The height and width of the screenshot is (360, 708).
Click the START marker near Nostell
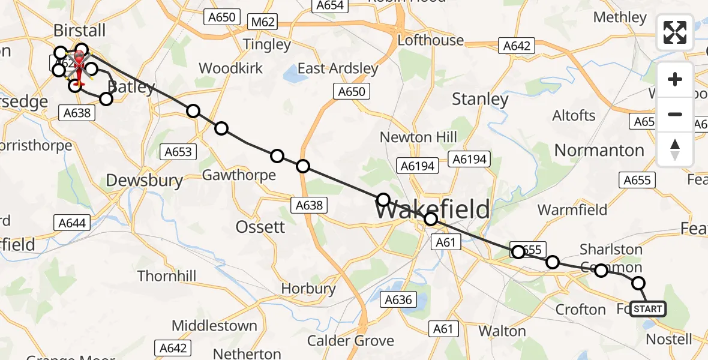648,309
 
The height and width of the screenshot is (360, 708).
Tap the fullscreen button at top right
675,32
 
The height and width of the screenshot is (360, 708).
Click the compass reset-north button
675,149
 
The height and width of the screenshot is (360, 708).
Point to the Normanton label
599,150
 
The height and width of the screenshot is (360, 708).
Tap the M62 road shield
263,22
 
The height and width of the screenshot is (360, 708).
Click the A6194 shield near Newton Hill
418,166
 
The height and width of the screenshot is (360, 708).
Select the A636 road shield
399,299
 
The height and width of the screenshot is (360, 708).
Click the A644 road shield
72,223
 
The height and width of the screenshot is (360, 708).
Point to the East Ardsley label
338,68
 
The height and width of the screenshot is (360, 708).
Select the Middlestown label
214,326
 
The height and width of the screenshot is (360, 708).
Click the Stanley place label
480,99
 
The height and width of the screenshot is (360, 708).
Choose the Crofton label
580,310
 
